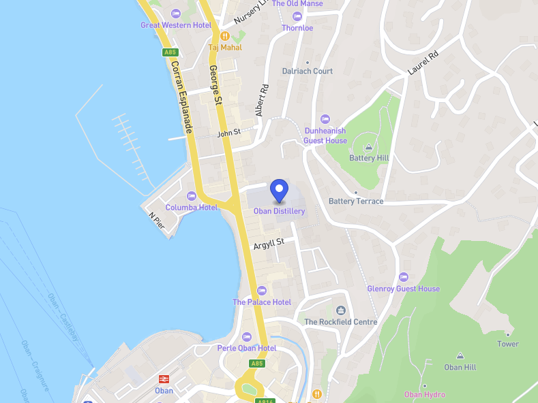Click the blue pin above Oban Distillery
click(279, 189)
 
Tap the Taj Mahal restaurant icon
click(224, 35)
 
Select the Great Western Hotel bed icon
click(176, 14)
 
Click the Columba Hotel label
click(192, 208)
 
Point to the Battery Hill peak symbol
click(369, 146)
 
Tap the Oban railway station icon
click(164, 378)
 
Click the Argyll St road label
click(268, 242)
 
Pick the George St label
click(216, 86)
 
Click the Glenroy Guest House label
click(403, 289)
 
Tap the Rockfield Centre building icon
click(341, 310)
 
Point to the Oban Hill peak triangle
click(460, 356)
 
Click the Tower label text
click(507, 344)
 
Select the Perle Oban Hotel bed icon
click(247, 337)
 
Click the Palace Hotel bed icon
click(261, 291)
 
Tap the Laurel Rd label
click(423, 63)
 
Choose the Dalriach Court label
click(308, 71)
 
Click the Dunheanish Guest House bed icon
click(325, 119)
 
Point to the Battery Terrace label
click(356, 201)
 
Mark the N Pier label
click(157, 221)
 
